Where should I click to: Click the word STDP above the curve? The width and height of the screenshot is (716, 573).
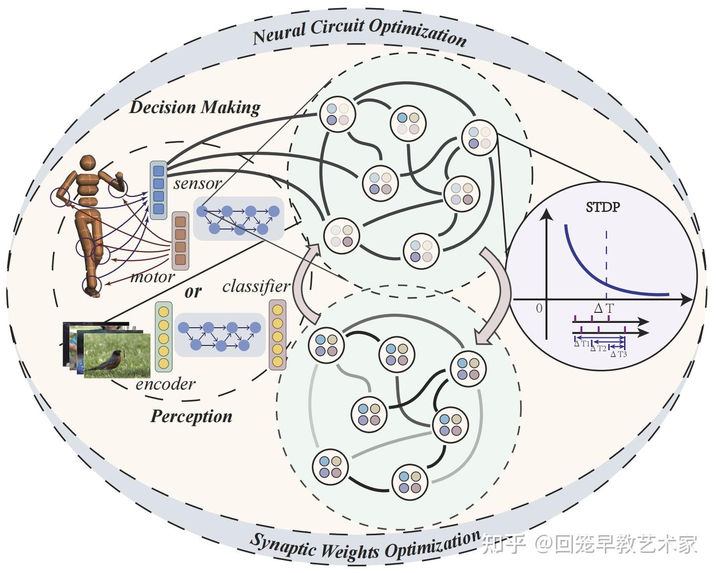pos(603,206)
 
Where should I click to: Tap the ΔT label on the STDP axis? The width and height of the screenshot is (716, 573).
pos(604,308)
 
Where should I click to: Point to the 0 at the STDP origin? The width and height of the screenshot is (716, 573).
pos(539,308)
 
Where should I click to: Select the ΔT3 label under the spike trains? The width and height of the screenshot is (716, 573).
pos(619,354)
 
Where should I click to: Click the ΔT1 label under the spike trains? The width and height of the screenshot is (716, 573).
pos(582,344)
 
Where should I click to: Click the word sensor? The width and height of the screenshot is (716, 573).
pos(197,184)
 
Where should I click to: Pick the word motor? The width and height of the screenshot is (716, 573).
pos(152,277)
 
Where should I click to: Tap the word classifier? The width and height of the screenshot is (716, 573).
pos(256,286)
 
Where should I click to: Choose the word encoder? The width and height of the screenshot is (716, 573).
pos(166,383)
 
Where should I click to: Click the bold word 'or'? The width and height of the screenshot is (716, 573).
pos(193,291)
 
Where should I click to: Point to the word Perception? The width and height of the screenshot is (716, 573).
pos(191,416)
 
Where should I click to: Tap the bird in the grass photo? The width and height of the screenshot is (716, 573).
pos(110,361)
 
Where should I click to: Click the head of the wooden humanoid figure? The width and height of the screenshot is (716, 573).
pos(88,163)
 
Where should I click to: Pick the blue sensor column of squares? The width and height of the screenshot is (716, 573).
pos(158,190)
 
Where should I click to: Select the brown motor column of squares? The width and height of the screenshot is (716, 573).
pos(180,241)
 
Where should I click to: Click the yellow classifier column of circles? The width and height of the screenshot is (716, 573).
pos(277,335)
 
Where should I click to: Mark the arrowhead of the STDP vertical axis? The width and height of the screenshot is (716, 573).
pos(546,214)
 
